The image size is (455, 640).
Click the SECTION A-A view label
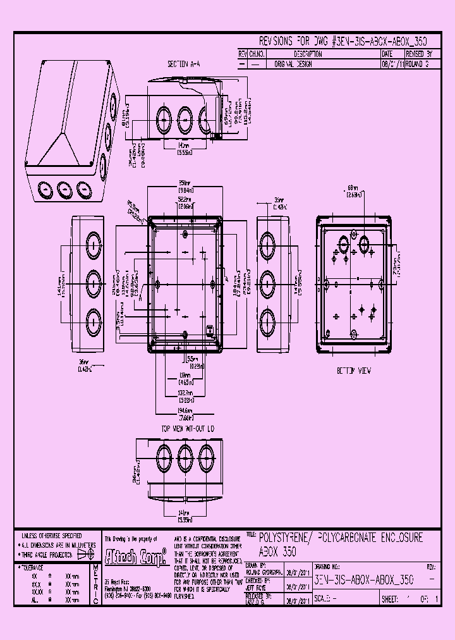pos(183,64)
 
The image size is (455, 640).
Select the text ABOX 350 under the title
pos(278,551)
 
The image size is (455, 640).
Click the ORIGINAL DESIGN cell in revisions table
pos(294,64)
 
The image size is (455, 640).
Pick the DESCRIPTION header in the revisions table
pos(294,54)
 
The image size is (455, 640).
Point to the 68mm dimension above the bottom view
pos(352,188)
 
